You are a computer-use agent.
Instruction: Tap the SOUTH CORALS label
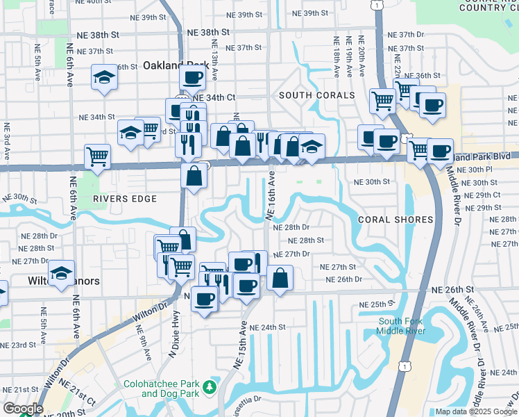(x=316, y=95)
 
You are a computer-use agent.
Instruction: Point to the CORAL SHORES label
(x=395, y=220)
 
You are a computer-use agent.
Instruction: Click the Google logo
(x=22, y=409)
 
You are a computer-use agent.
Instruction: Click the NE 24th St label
(x=267, y=327)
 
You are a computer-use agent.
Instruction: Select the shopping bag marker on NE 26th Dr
(x=280, y=277)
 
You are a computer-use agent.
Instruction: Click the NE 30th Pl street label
(x=479, y=170)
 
